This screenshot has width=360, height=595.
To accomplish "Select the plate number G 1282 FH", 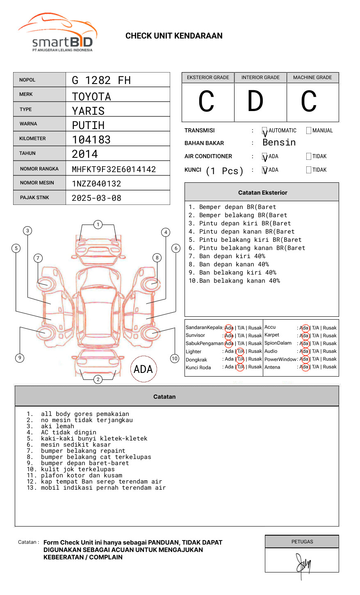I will (x=101, y=80).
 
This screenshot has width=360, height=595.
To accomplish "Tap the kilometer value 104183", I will (x=91, y=140).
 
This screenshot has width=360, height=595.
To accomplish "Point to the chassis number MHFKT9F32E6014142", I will (x=114, y=169).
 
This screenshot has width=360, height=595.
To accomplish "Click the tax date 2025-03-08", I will (x=96, y=198).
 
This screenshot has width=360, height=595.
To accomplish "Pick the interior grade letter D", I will (x=255, y=101).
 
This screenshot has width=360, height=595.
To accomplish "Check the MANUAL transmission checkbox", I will (x=309, y=131).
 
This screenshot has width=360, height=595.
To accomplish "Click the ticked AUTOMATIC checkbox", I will (x=264, y=131).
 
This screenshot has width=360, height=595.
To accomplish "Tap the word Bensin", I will (x=279, y=143).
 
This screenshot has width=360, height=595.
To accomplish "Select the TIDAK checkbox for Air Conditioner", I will (x=309, y=157).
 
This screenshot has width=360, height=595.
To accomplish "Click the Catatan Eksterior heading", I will (x=262, y=193).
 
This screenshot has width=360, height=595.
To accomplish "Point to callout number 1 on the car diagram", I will (x=98, y=225).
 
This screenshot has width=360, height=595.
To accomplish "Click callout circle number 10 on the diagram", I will (x=175, y=359).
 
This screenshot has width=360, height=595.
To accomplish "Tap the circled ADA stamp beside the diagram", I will (x=143, y=369).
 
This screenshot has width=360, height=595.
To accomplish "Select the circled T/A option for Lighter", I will (x=240, y=351).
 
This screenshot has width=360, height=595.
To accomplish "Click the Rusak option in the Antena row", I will (x=330, y=367).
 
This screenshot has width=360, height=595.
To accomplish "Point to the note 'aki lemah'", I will (x=57, y=426).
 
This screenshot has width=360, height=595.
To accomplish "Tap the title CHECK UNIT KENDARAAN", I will (x=174, y=36).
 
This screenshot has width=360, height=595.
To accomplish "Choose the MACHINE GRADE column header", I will (x=312, y=77).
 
